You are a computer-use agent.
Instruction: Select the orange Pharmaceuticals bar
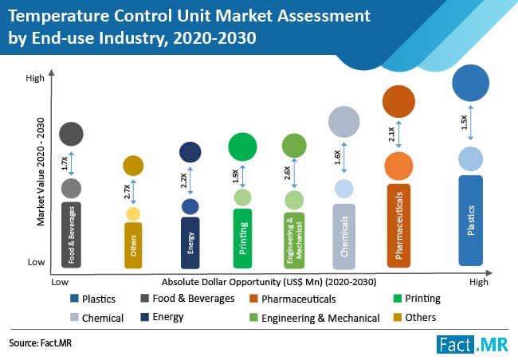(x=398, y=225)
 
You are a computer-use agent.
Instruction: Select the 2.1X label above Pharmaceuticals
(x=391, y=133)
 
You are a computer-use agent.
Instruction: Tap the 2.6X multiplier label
(x=287, y=174)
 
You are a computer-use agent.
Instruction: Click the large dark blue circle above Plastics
(x=470, y=84)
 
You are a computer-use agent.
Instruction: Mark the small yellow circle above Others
(x=133, y=213)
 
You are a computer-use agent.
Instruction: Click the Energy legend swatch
(x=143, y=317)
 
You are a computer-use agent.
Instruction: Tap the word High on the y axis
(x=34, y=78)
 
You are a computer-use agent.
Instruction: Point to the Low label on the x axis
(x=59, y=282)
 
